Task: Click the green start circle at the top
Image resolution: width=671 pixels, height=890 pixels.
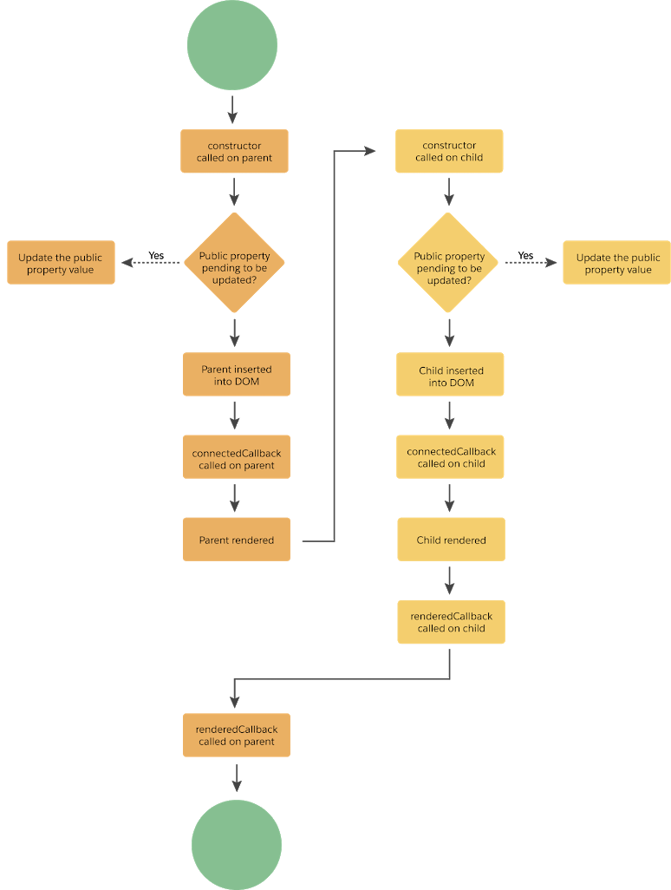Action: pyautogui.click(x=232, y=45)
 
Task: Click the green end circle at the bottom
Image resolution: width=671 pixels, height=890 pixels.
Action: pyautogui.click(x=236, y=844)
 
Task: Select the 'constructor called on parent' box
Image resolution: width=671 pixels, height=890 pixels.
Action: pyautogui.click(x=234, y=152)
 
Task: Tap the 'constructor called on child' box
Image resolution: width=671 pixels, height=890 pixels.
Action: pyautogui.click(x=449, y=152)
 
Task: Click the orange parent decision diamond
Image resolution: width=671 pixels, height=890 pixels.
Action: pyautogui.click(x=234, y=262)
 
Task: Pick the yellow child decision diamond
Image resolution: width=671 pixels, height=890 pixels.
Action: pyautogui.click(x=449, y=262)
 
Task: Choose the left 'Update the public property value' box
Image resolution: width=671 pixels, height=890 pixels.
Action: pyautogui.click(x=61, y=263)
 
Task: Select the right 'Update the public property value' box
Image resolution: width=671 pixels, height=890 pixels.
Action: pyautogui.click(x=616, y=263)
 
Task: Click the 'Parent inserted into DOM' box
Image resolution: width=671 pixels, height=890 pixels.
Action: pyautogui.click(x=236, y=375)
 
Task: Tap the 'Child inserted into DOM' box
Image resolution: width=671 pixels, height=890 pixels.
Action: pyautogui.click(x=450, y=375)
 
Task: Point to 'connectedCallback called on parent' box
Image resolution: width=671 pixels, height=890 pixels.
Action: pyautogui.click(x=236, y=458)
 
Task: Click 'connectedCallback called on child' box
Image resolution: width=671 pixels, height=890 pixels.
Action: pyautogui.click(x=450, y=457)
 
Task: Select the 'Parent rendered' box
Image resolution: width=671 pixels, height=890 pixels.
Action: pyautogui.click(x=236, y=540)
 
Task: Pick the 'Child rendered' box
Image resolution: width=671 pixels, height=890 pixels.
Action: pyautogui.click(x=451, y=540)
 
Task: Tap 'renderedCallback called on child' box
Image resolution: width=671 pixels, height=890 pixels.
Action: pyautogui.click(x=451, y=622)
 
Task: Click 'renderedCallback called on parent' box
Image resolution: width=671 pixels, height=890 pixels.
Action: pyautogui.click(x=236, y=735)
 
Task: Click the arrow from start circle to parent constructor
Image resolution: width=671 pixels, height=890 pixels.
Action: pyautogui.click(x=232, y=110)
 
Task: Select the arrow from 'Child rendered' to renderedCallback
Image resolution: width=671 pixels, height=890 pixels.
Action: pyautogui.click(x=450, y=580)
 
